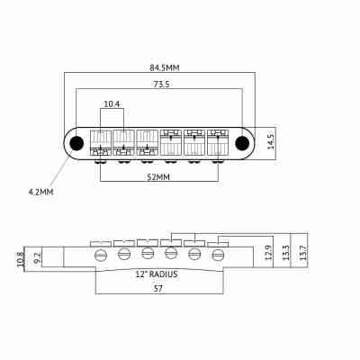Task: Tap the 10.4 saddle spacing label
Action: tap(112, 104)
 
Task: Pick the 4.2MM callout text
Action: tap(41, 192)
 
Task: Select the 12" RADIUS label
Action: tap(157, 274)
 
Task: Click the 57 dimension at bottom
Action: tap(157, 289)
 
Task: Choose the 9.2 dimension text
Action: tap(37, 256)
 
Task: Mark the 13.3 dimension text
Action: tap(286, 255)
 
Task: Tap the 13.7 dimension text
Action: tap(302, 255)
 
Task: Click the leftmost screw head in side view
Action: tap(99, 256)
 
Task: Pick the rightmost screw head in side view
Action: tap(218, 256)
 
